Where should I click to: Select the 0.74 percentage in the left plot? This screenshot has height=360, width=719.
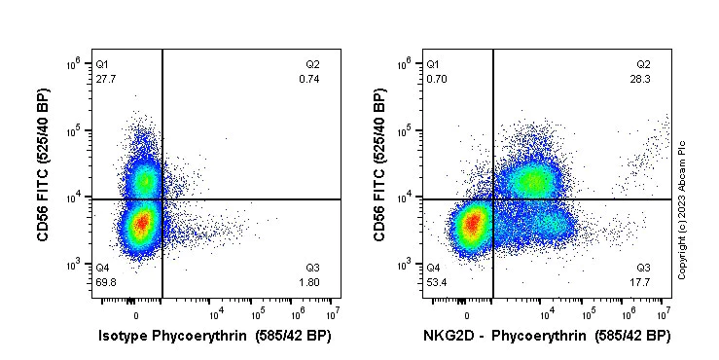coord(308,78)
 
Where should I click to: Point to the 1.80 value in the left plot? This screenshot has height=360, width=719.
coord(310,280)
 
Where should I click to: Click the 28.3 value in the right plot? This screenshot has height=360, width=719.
coord(641,78)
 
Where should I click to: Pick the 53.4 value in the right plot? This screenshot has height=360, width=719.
coord(437,280)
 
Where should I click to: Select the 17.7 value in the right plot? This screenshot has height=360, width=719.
coord(642,280)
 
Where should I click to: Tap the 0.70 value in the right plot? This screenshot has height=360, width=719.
coord(437,78)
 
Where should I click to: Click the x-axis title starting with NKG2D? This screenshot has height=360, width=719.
coord(545,336)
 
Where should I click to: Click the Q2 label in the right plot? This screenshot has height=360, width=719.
coord(643,64)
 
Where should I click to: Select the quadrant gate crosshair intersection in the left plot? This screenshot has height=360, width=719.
coord(162,199)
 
